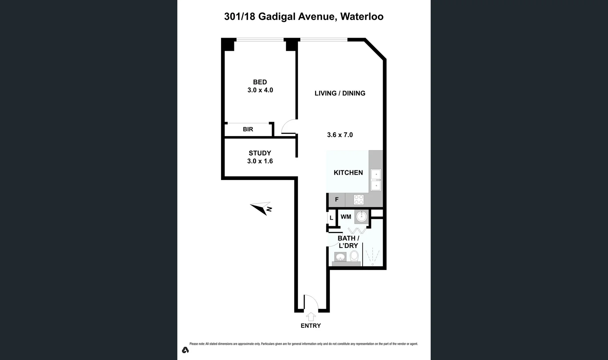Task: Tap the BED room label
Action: click(x=260, y=82)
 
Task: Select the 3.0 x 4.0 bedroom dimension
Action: click(x=260, y=90)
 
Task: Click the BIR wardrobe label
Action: click(x=248, y=129)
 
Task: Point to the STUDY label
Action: click(x=260, y=153)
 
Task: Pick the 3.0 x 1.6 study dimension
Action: click(x=260, y=161)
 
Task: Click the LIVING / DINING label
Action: click(x=340, y=93)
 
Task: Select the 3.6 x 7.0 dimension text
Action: click(x=340, y=135)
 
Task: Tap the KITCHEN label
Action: click(x=348, y=173)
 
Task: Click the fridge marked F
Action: click(x=337, y=200)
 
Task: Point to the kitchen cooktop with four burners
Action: click(x=359, y=200)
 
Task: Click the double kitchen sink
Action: click(x=376, y=180)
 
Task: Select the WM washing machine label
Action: click(x=346, y=217)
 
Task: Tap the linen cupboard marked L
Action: click(x=331, y=218)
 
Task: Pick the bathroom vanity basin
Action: click(x=340, y=257)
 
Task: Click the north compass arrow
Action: click(x=261, y=208)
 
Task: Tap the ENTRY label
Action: click(x=311, y=326)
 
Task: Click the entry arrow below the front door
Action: click(x=311, y=317)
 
